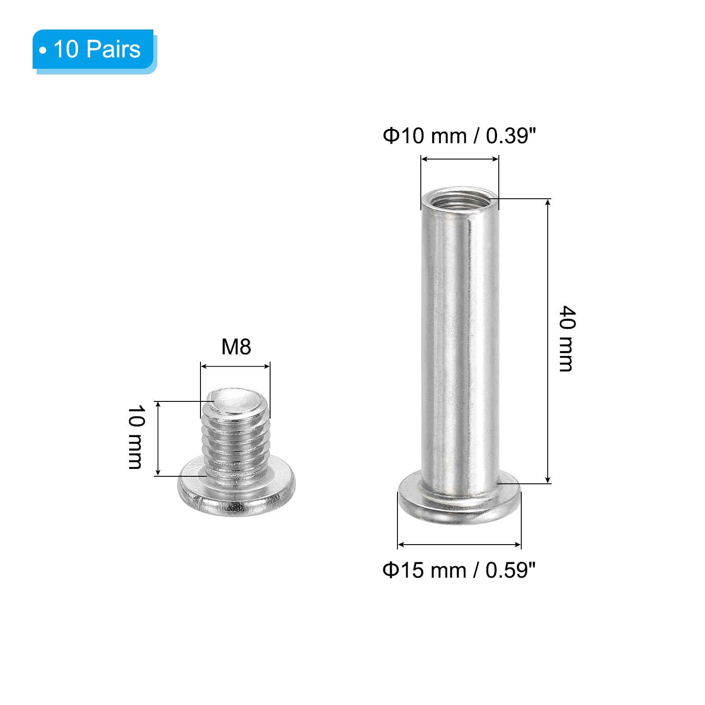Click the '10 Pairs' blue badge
pyautogui.click(x=94, y=50)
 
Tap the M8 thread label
pyautogui.click(x=236, y=347)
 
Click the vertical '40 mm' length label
pyautogui.click(x=567, y=338)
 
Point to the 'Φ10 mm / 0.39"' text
pyautogui.click(x=459, y=136)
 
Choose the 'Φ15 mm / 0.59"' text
pyautogui.click(x=459, y=570)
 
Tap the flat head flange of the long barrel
pyautogui.click(x=459, y=502)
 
